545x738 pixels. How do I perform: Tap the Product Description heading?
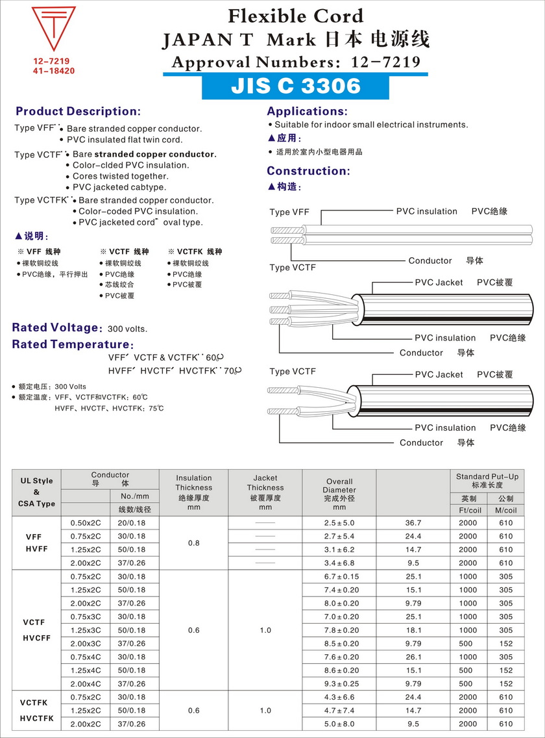tap(78, 111)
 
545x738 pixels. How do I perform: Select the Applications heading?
tap(307, 111)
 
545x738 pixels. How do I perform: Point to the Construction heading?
tap(308, 171)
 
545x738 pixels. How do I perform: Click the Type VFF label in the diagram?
tap(289, 212)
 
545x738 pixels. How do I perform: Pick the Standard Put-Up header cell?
tap(487, 481)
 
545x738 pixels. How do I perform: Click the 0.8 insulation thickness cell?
tap(193, 542)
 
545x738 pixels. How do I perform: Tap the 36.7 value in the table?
tap(413, 522)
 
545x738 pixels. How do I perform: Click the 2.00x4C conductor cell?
tap(86, 683)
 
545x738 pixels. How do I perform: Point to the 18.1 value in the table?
tap(413, 630)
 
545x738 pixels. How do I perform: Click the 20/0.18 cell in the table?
tap(131, 522)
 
